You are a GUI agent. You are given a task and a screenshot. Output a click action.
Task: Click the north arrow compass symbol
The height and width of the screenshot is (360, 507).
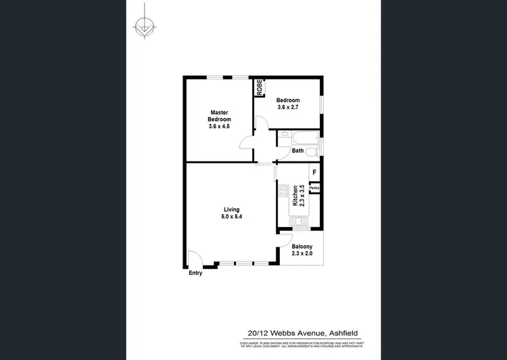tap(143, 28)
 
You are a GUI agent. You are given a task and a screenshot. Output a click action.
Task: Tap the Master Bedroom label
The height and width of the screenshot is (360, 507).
tap(218, 115)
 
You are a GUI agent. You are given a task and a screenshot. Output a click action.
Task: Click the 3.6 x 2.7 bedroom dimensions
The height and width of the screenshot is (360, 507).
tap(289, 107)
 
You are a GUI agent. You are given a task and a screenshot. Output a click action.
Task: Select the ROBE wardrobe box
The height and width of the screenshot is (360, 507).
tap(258, 88)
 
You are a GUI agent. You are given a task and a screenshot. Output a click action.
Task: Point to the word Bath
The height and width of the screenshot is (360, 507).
tap(297, 151)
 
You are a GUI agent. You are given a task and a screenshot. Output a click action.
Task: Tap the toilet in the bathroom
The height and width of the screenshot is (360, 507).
tap(311, 153)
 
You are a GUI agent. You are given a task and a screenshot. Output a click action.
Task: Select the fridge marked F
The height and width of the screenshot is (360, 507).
tap(314, 173)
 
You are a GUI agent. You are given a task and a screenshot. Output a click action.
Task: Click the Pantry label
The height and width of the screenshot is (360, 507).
tap(314, 188)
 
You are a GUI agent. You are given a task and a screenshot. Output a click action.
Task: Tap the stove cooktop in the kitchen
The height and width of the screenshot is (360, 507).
tap(283, 191)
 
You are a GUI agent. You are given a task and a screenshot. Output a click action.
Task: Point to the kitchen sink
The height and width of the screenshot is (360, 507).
tap(297, 220)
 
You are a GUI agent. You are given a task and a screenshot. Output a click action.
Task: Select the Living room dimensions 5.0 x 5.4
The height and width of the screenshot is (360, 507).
tap(231, 217)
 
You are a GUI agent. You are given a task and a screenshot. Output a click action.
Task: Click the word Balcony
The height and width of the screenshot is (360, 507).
tap(301, 247)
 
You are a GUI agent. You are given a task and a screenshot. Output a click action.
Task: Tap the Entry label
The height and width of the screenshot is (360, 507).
tap(195, 273)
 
